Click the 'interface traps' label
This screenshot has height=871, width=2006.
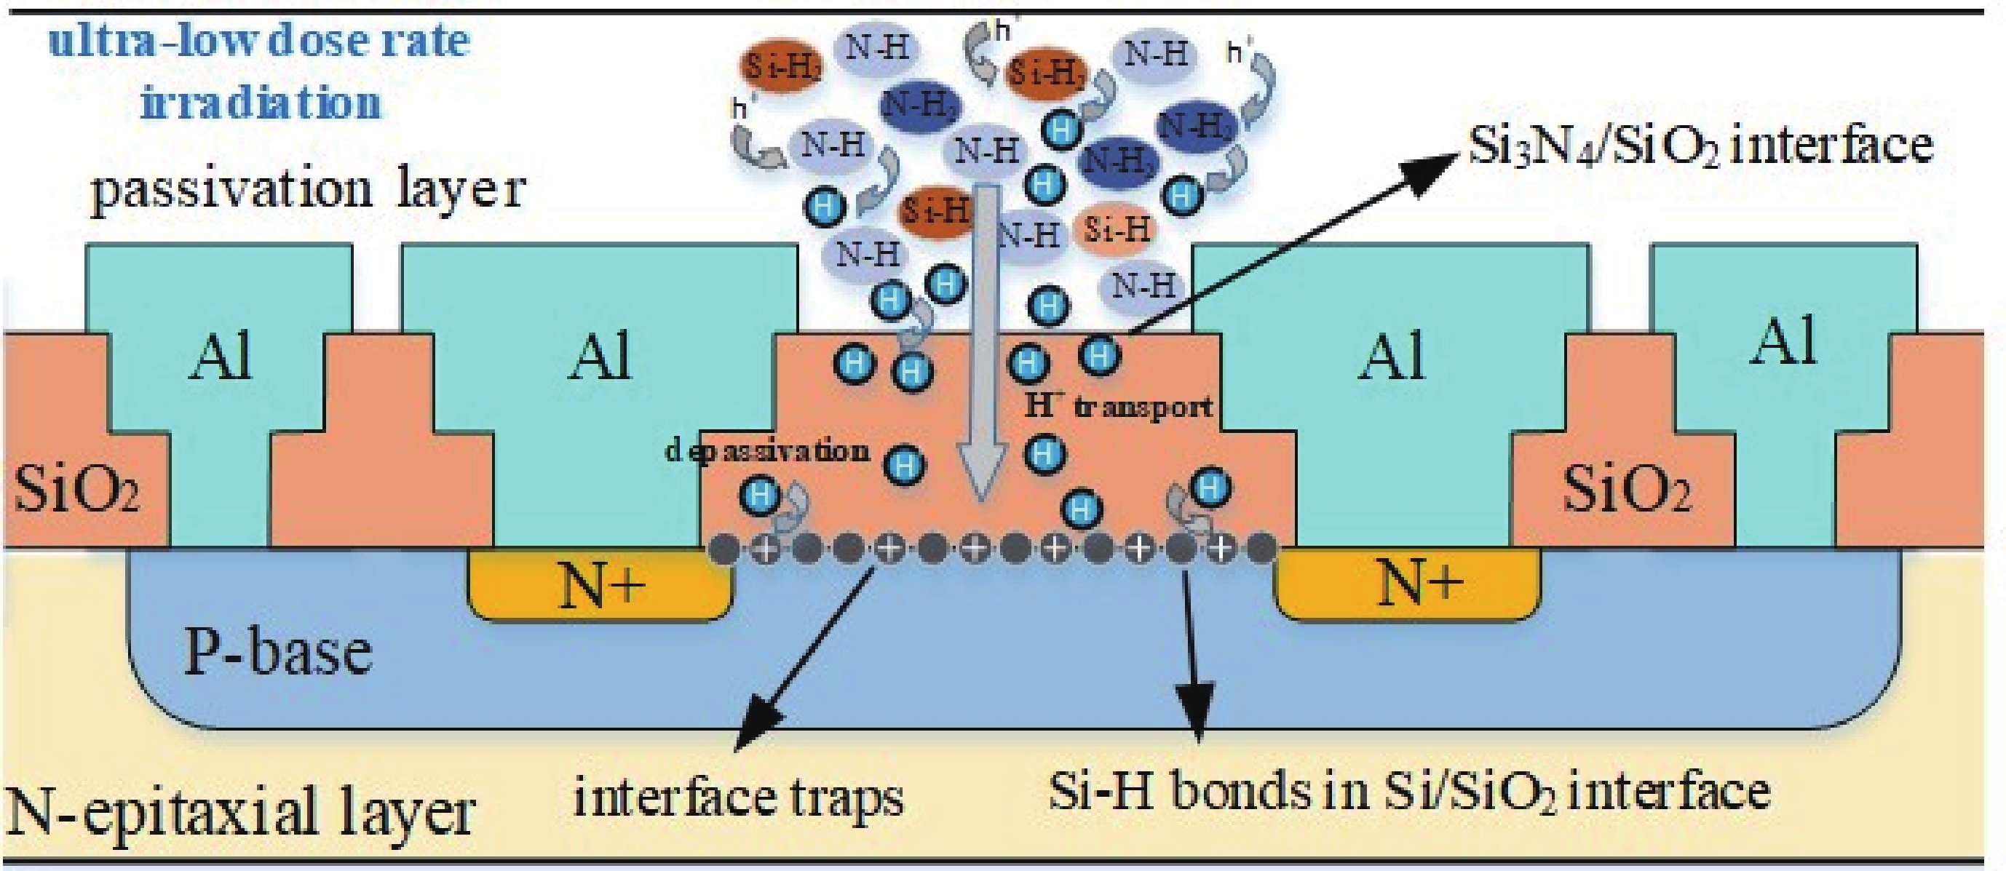tap(738, 797)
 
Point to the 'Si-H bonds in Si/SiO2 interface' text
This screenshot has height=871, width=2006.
tap(1409, 792)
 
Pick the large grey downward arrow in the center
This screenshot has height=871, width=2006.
tap(981, 343)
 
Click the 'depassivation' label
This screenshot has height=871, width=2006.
tap(767, 450)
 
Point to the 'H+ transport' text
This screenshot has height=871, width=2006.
tap(1118, 405)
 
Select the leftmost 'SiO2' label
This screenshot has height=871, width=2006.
tap(76, 490)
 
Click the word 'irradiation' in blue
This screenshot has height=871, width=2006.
tap(261, 103)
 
